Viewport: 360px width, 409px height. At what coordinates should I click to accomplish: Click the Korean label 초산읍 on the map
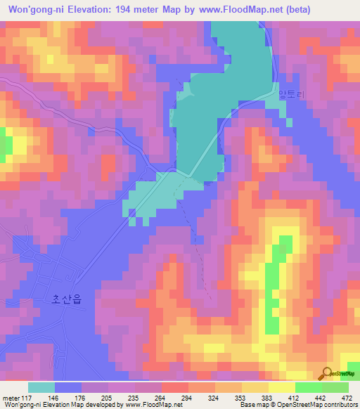67,299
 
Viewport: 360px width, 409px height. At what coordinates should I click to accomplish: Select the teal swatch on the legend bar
41,387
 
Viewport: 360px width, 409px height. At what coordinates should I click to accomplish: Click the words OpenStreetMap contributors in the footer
316,404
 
